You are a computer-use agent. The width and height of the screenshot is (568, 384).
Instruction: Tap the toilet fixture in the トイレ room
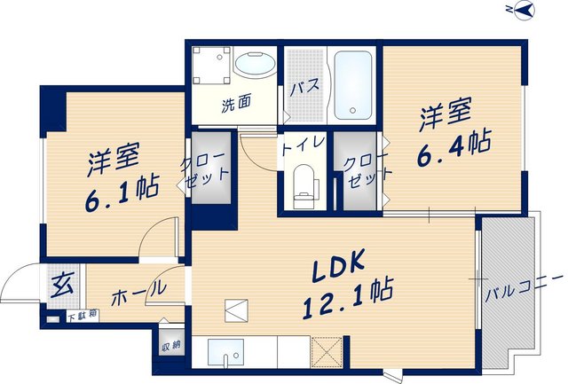pos(304,186)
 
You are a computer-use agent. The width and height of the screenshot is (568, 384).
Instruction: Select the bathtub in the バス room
pos(353,85)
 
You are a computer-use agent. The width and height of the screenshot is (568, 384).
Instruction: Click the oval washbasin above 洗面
pos(255,65)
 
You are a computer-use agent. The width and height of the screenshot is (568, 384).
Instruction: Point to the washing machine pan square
pos(211,66)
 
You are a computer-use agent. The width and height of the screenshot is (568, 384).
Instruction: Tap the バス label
pos(305,87)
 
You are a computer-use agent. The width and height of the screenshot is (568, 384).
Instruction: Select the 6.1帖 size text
pos(122,193)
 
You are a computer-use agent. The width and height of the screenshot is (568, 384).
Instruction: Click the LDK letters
pos(338,266)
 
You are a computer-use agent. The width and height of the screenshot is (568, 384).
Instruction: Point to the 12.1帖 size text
pos(348,300)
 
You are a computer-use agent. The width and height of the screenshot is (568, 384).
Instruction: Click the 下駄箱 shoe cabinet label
pos(83,316)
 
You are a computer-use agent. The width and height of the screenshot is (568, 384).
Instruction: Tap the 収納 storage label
pos(171,346)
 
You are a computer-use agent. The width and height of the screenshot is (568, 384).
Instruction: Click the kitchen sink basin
pos(225,352)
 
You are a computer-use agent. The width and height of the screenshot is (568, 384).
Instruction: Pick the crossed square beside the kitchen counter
pos(327,352)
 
